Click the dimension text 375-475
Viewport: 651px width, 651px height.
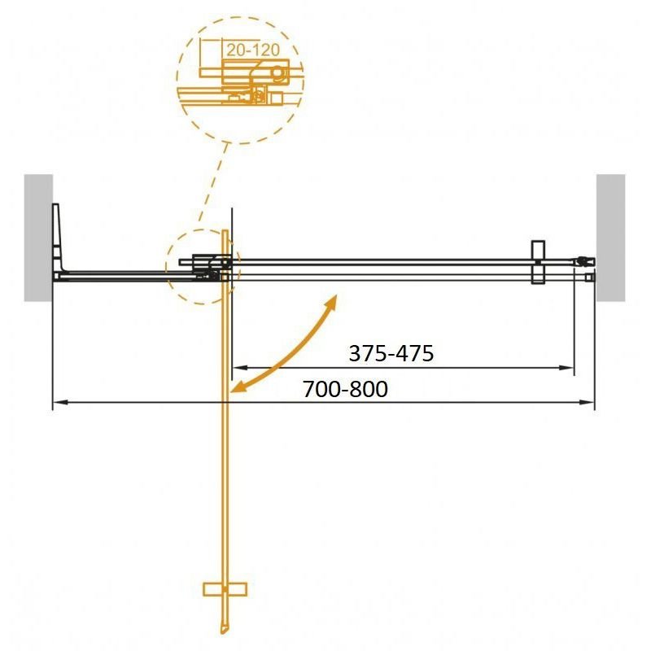tap(391, 353)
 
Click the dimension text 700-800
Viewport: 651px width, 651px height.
tap(345, 389)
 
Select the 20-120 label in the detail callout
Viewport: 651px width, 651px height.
tap(253, 50)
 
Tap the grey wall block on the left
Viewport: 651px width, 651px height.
tap(38, 236)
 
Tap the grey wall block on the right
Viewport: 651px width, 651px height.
tap(610, 236)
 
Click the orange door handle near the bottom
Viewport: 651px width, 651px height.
tap(225, 588)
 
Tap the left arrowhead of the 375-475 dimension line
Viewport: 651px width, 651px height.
tap(238, 369)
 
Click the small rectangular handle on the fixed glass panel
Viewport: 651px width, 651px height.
tap(537, 261)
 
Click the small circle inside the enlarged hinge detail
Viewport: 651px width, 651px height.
tap(278, 74)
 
